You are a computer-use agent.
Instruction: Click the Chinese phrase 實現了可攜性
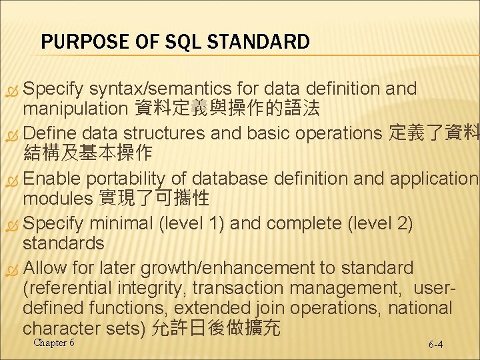pos(154,198)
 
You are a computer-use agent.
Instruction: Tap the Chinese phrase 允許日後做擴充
pos(217,328)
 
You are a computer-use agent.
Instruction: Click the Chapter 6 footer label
pos(54,343)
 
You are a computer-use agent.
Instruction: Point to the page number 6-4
pos(436,345)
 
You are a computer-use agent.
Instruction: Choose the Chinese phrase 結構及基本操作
pos(87,153)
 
